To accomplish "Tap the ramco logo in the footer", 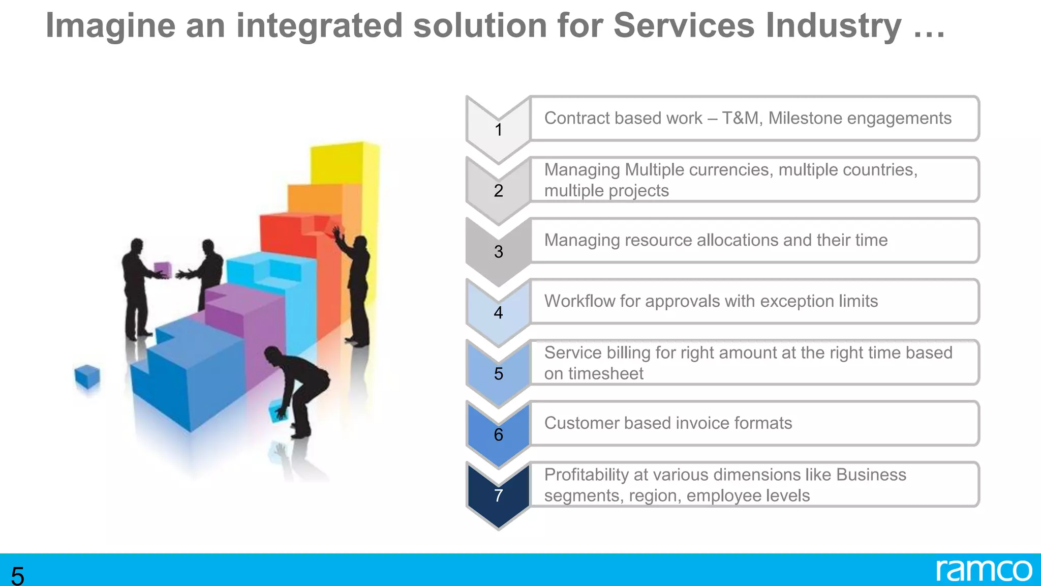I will pos(984,571).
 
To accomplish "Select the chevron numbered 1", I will pos(498,130).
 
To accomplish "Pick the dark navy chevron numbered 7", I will pos(498,495).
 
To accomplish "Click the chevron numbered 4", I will pos(498,312).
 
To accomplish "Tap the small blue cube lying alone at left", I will pos(87,376).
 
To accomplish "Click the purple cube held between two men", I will pos(162,269).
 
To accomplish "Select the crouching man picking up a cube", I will pos(300,387).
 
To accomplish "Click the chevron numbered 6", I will pos(498,434).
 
